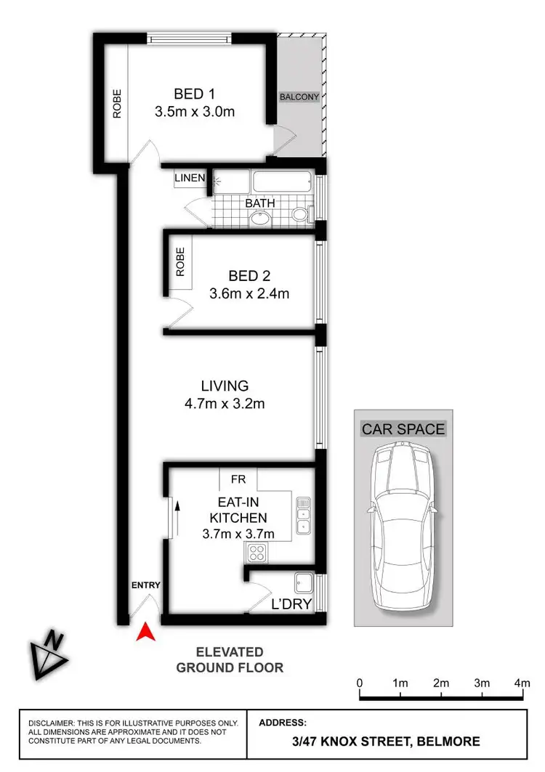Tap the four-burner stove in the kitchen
click(x=257, y=553)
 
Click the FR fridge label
click(x=238, y=480)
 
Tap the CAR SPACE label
click(x=403, y=429)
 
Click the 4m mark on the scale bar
click(x=522, y=683)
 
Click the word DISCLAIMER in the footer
click(x=51, y=723)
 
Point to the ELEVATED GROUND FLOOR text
click(x=230, y=659)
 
